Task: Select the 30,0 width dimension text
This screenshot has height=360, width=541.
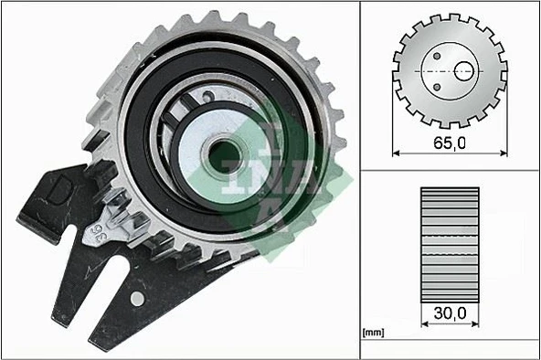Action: coord(449,313)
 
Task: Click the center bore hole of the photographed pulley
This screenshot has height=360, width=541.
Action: coord(223,155)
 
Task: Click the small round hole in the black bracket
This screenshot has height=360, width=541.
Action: coord(137,298)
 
